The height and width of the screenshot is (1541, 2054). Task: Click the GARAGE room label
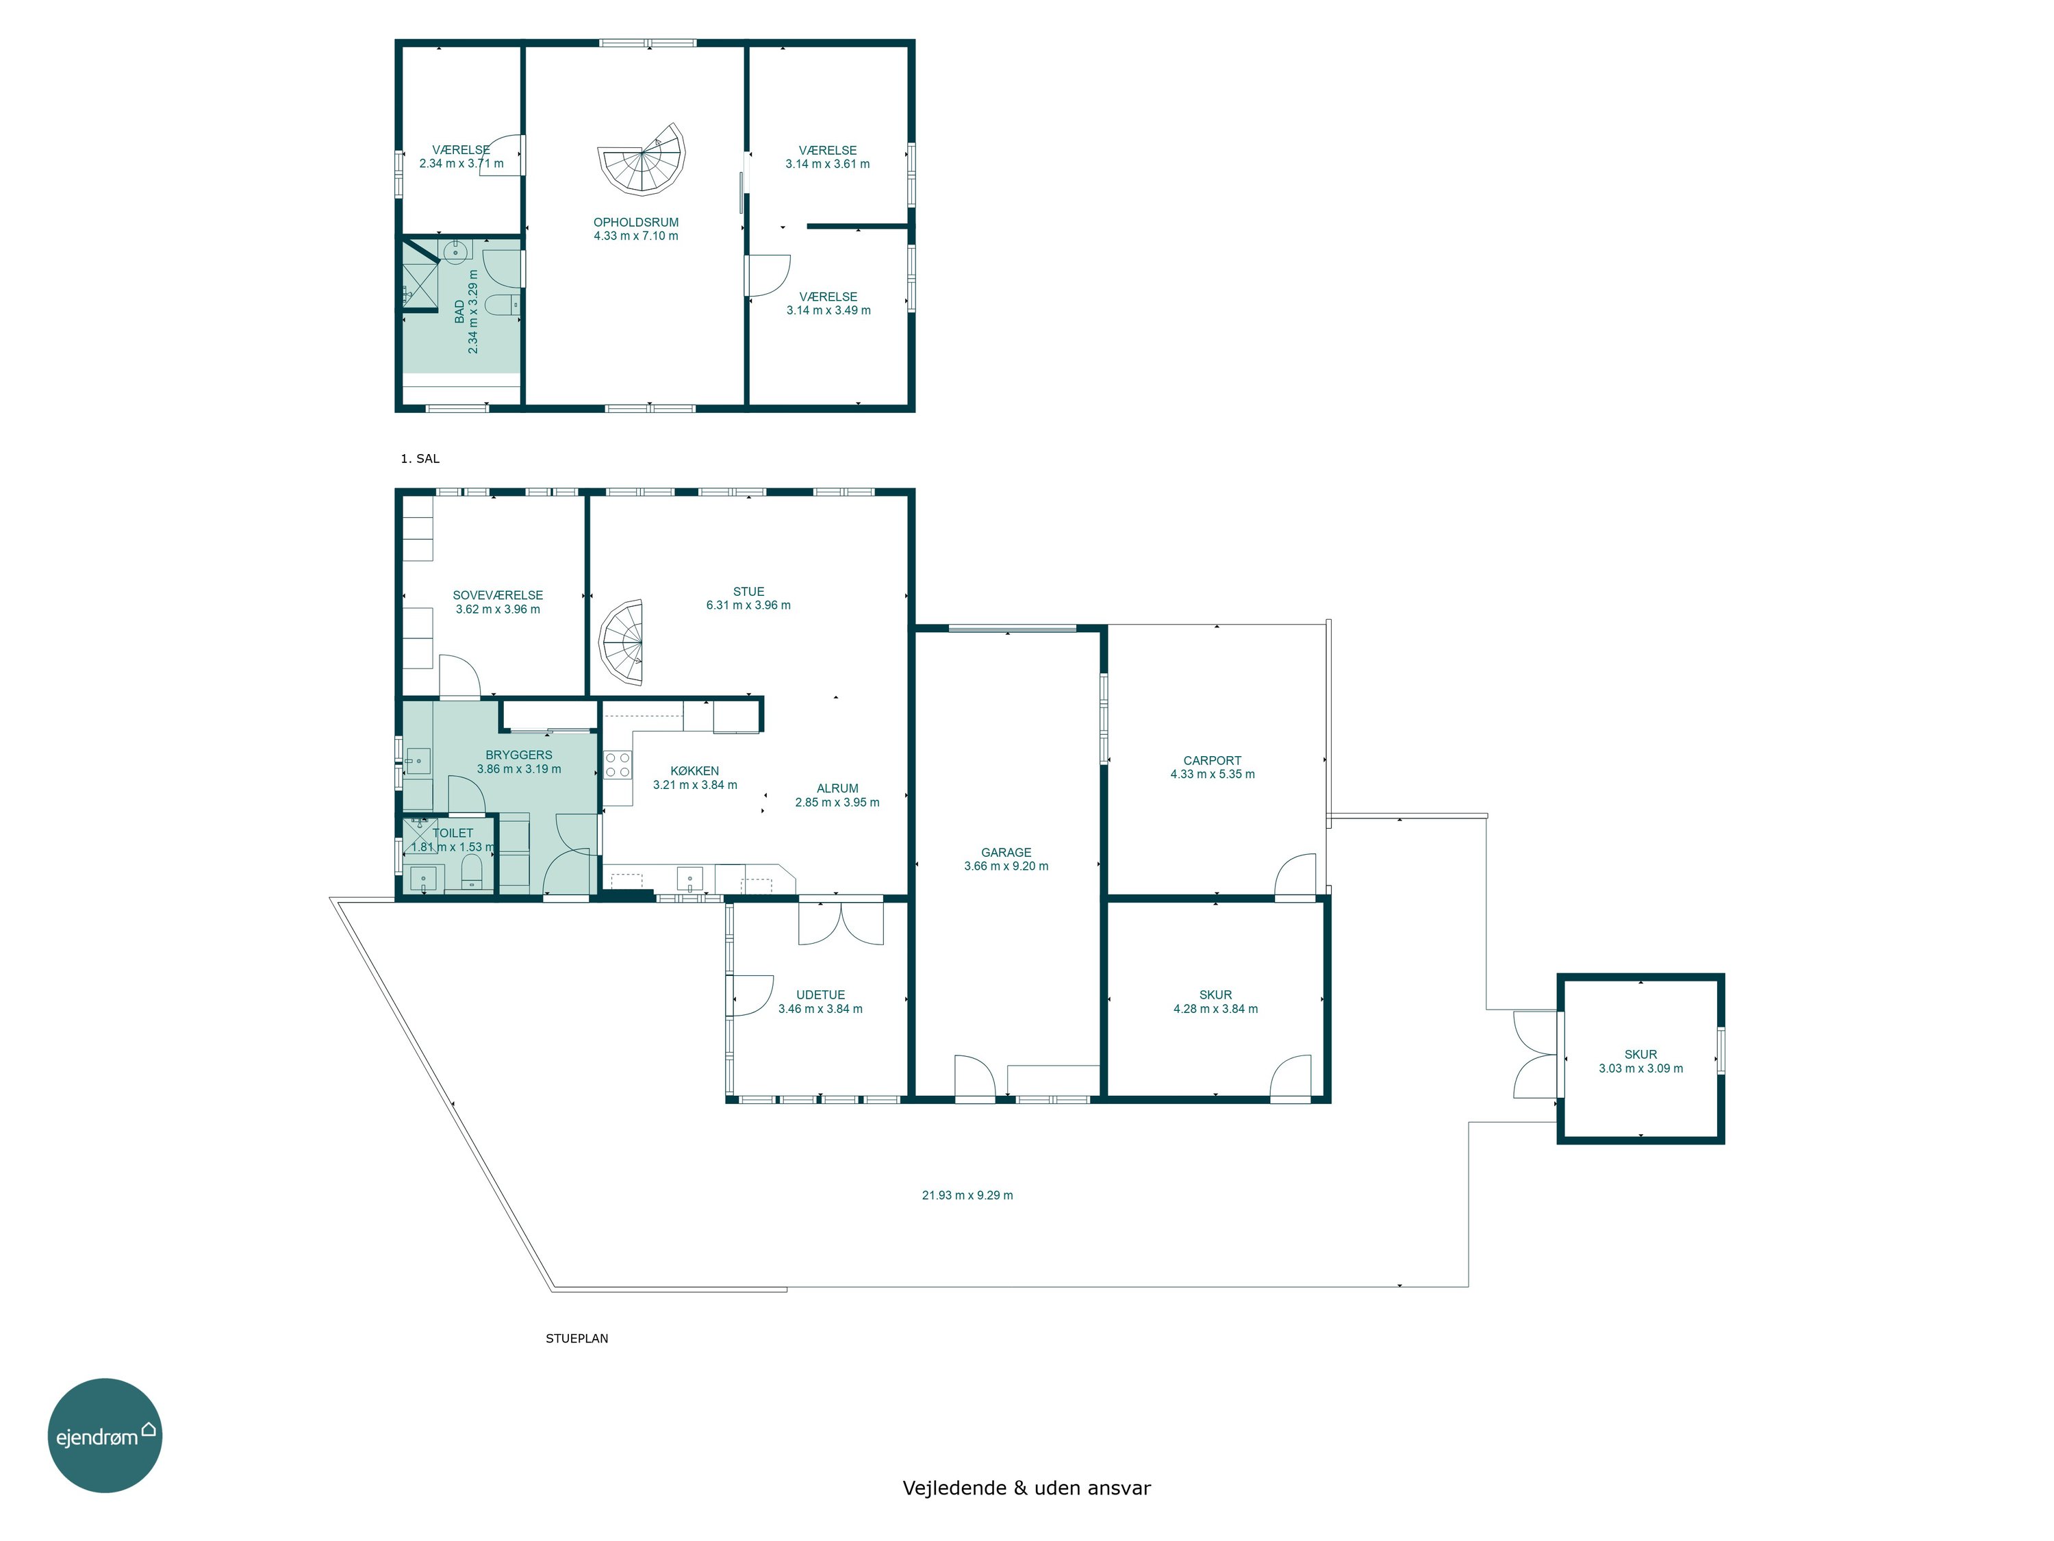coord(1006,852)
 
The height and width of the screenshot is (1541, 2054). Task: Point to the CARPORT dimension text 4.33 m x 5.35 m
coord(1212,774)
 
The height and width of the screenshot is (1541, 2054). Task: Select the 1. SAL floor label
coord(420,459)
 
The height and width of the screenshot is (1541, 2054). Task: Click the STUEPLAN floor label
coord(576,1338)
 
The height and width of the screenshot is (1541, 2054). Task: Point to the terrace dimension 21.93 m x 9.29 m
coord(967,1195)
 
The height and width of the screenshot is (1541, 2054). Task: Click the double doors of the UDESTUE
coord(840,923)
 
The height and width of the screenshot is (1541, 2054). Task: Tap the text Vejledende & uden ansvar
coord(1026,1488)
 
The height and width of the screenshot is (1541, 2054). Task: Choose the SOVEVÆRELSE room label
coord(498,595)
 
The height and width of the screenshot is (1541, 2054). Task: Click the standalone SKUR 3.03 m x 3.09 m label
coord(1640,1061)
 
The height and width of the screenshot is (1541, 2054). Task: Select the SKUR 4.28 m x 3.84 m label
coord(1215,1001)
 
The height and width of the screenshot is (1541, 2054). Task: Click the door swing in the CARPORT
coord(1295,877)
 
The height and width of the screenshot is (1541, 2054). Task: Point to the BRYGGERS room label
coord(519,755)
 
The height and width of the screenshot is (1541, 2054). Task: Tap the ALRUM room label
coord(837,788)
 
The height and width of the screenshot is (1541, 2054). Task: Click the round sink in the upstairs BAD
coord(455,251)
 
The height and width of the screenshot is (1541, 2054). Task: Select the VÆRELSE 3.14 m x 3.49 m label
coord(828,303)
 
